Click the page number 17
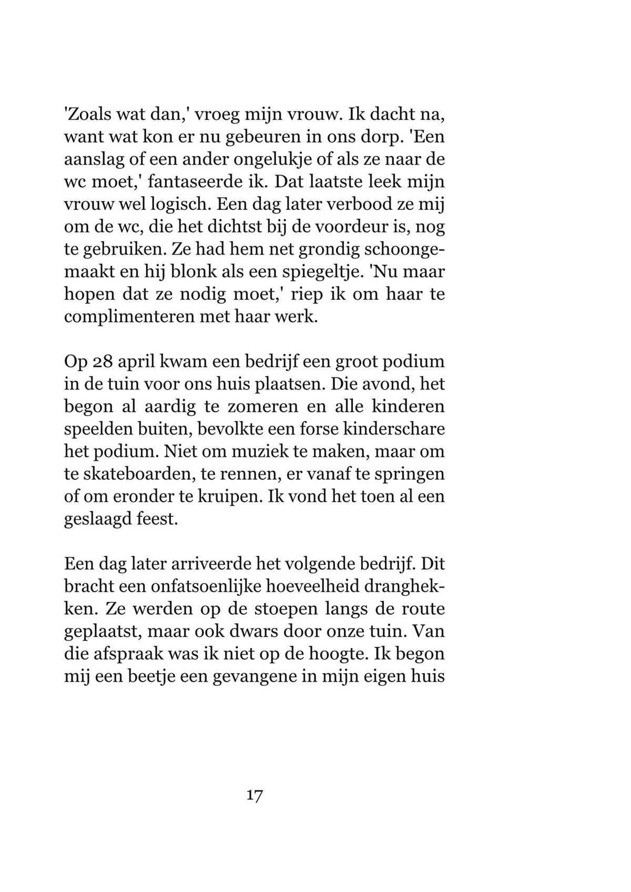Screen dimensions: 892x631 255,795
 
